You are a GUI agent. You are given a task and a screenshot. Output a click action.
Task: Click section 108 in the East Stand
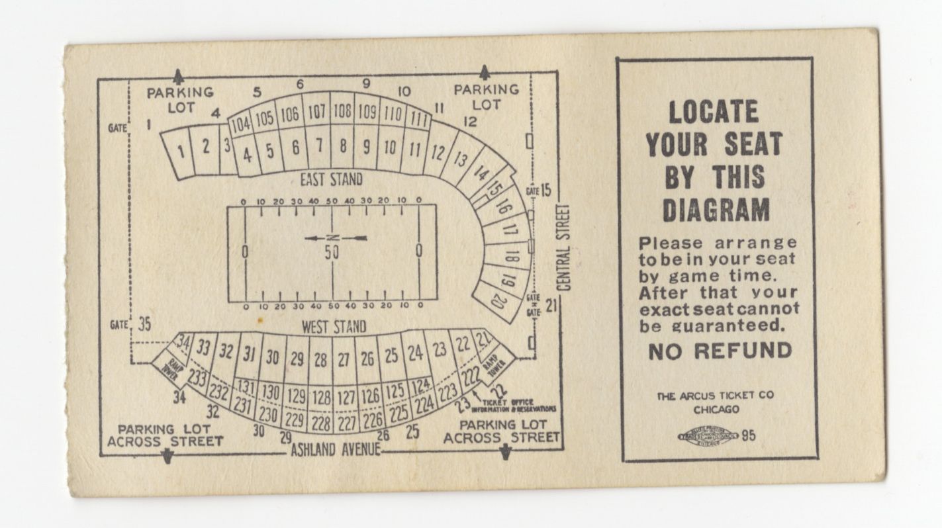coord(342,111)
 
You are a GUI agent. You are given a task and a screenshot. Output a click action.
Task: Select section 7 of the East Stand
coord(318,145)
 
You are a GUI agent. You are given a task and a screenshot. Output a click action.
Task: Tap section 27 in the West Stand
coord(344,359)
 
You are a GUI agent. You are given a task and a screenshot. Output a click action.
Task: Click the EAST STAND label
coord(331,179)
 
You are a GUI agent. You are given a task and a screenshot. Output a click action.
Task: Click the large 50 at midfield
coord(332,251)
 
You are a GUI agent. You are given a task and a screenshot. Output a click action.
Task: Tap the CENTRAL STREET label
coord(563,247)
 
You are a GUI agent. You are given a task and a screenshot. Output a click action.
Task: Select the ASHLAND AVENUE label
coord(336,449)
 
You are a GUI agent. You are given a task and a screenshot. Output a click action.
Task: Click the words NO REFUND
coord(720,351)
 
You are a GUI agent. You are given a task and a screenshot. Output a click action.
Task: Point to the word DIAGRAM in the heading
coord(716,210)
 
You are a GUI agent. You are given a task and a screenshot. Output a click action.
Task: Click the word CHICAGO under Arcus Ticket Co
coord(716,410)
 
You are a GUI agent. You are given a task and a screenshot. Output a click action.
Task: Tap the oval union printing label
coord(706,436)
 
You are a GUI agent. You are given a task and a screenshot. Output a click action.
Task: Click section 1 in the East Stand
coord(180,152)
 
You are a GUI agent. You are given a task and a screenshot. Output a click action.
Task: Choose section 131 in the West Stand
coord(246,386)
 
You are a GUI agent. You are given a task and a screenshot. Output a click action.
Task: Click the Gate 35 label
coord(132,324)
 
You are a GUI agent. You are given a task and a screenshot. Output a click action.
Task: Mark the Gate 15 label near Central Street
coord(538,191)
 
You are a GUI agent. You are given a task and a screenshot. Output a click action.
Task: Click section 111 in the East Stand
coord(418,118)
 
